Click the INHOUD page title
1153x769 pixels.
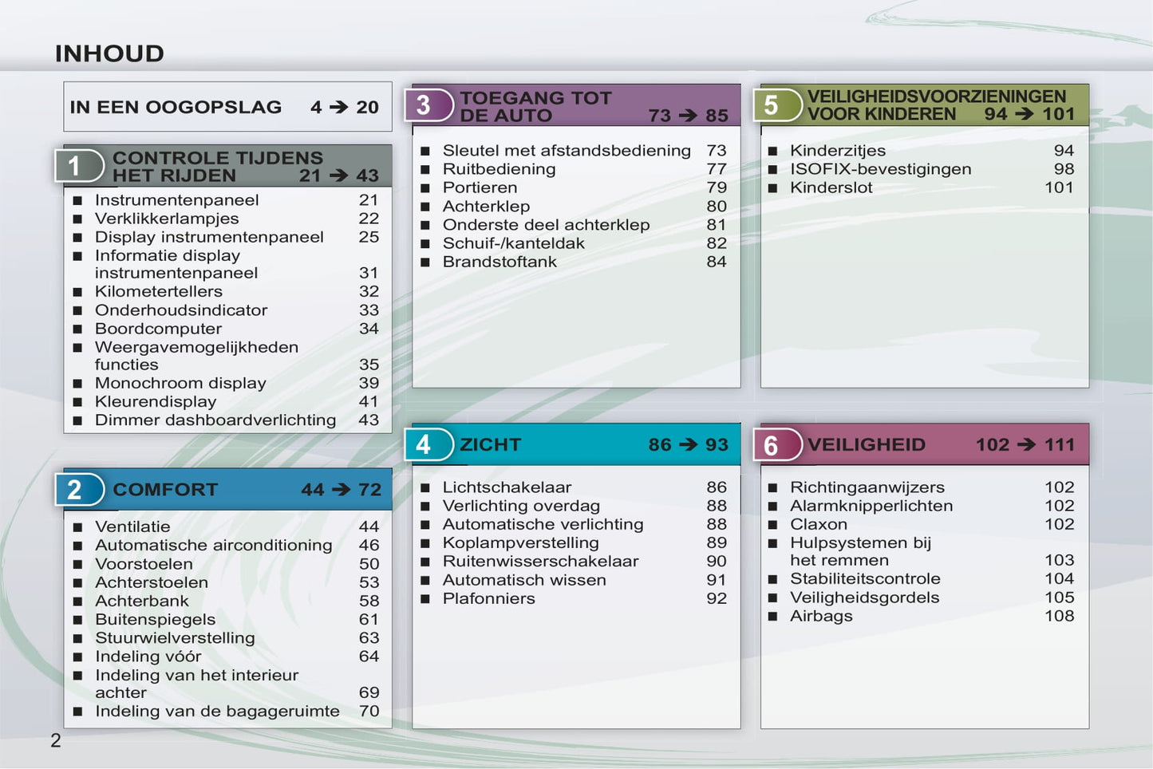109,53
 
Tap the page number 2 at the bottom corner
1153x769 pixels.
56,740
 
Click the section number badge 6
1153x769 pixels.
777,444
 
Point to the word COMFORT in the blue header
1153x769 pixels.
165,489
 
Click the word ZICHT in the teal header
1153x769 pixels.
491,444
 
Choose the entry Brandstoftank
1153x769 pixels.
500,262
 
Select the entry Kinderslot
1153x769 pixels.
831,187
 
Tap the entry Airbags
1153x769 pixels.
822,616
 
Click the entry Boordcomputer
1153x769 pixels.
159,329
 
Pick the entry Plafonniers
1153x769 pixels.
489,598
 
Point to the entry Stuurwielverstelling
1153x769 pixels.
175,637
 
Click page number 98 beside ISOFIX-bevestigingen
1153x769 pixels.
1064,169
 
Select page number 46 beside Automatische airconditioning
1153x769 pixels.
369,545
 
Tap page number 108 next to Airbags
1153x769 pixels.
1060,616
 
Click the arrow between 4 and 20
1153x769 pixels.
338,107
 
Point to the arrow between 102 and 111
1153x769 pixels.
1026,444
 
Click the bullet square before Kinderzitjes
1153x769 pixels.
772,151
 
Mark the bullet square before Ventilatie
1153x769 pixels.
77,526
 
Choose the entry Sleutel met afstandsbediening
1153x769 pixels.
567,150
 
